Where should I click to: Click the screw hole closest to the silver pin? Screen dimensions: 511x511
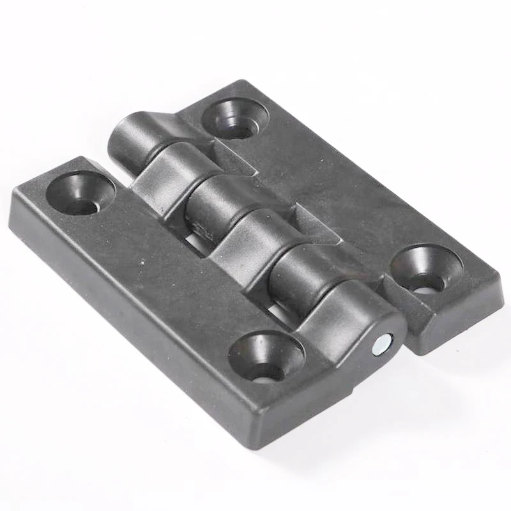point(266,355)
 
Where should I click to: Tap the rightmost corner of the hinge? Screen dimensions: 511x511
point(501,281)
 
